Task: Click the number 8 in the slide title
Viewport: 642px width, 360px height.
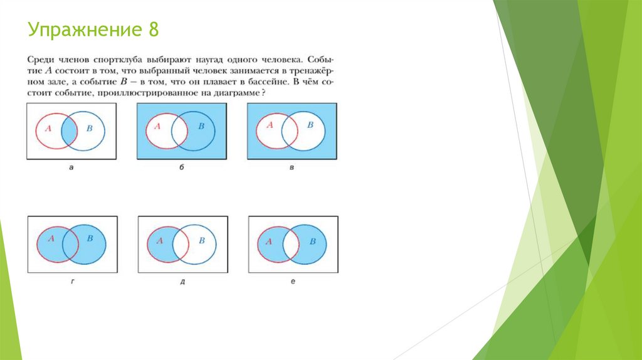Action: coord(153,29)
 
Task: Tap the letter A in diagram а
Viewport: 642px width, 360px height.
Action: coord(48,128)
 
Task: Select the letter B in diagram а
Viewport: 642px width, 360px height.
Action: coord(90,128)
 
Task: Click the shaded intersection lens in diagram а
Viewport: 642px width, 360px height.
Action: coord(69,132)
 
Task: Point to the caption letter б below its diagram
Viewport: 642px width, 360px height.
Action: coord(181,167)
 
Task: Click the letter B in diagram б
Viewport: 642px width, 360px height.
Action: coord(201,126)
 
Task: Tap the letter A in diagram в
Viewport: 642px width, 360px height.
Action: coord(270,125)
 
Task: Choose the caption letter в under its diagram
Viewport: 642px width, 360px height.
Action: coord(292,167)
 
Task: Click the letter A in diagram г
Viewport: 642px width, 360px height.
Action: coord(51,238)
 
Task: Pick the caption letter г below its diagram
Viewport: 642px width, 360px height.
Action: coord(73,282)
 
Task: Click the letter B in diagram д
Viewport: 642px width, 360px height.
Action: coord(201,240)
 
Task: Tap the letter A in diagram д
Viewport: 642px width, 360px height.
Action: coord(160,240)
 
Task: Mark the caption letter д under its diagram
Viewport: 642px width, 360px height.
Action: coord(182,282)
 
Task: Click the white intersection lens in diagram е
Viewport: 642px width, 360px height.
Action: coord(291,245)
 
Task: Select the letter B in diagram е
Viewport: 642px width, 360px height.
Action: coord(312,241)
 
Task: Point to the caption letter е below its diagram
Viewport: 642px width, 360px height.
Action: coord(293,282)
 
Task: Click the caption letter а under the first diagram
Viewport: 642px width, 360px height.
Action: coord(71,167)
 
